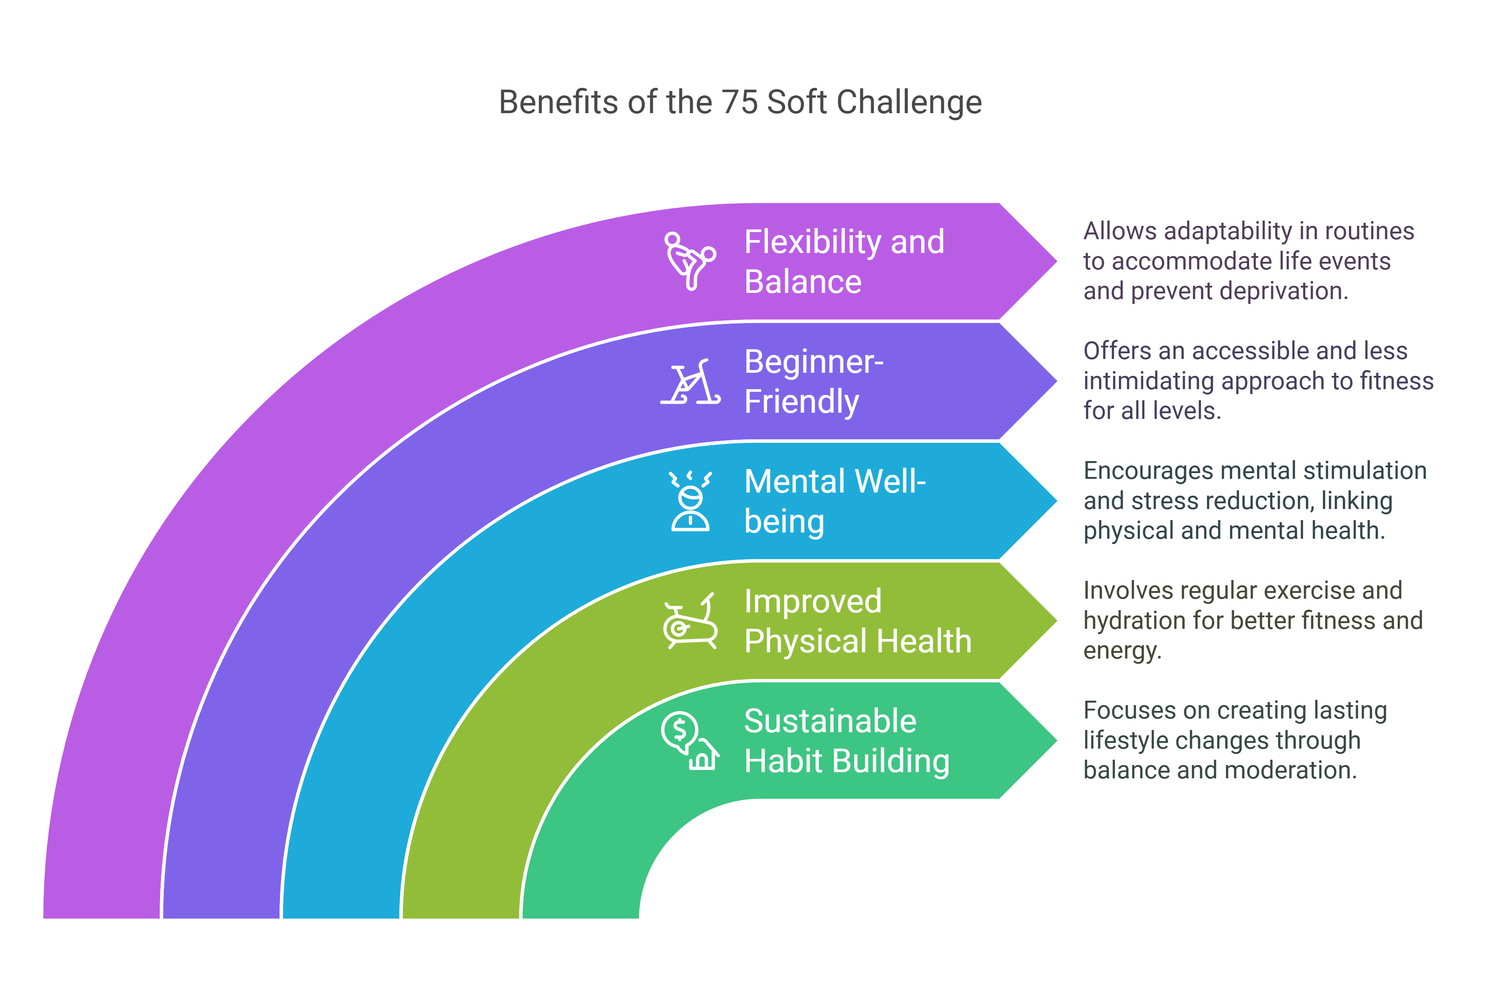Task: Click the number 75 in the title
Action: point(740,102)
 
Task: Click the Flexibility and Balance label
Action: point(844,261)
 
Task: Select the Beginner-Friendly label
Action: point(813,382)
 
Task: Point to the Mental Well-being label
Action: point(835,501)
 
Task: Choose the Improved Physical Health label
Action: point(858,621)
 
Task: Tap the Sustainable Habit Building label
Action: point(847,741)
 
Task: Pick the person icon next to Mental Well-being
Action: point(690,501)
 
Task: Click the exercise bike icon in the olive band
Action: point(690,621)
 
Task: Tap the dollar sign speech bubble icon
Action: point(690,741)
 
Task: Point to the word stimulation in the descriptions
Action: point(1364,471)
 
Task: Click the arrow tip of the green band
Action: point(1056,741)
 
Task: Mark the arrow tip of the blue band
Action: point(1056,501)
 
